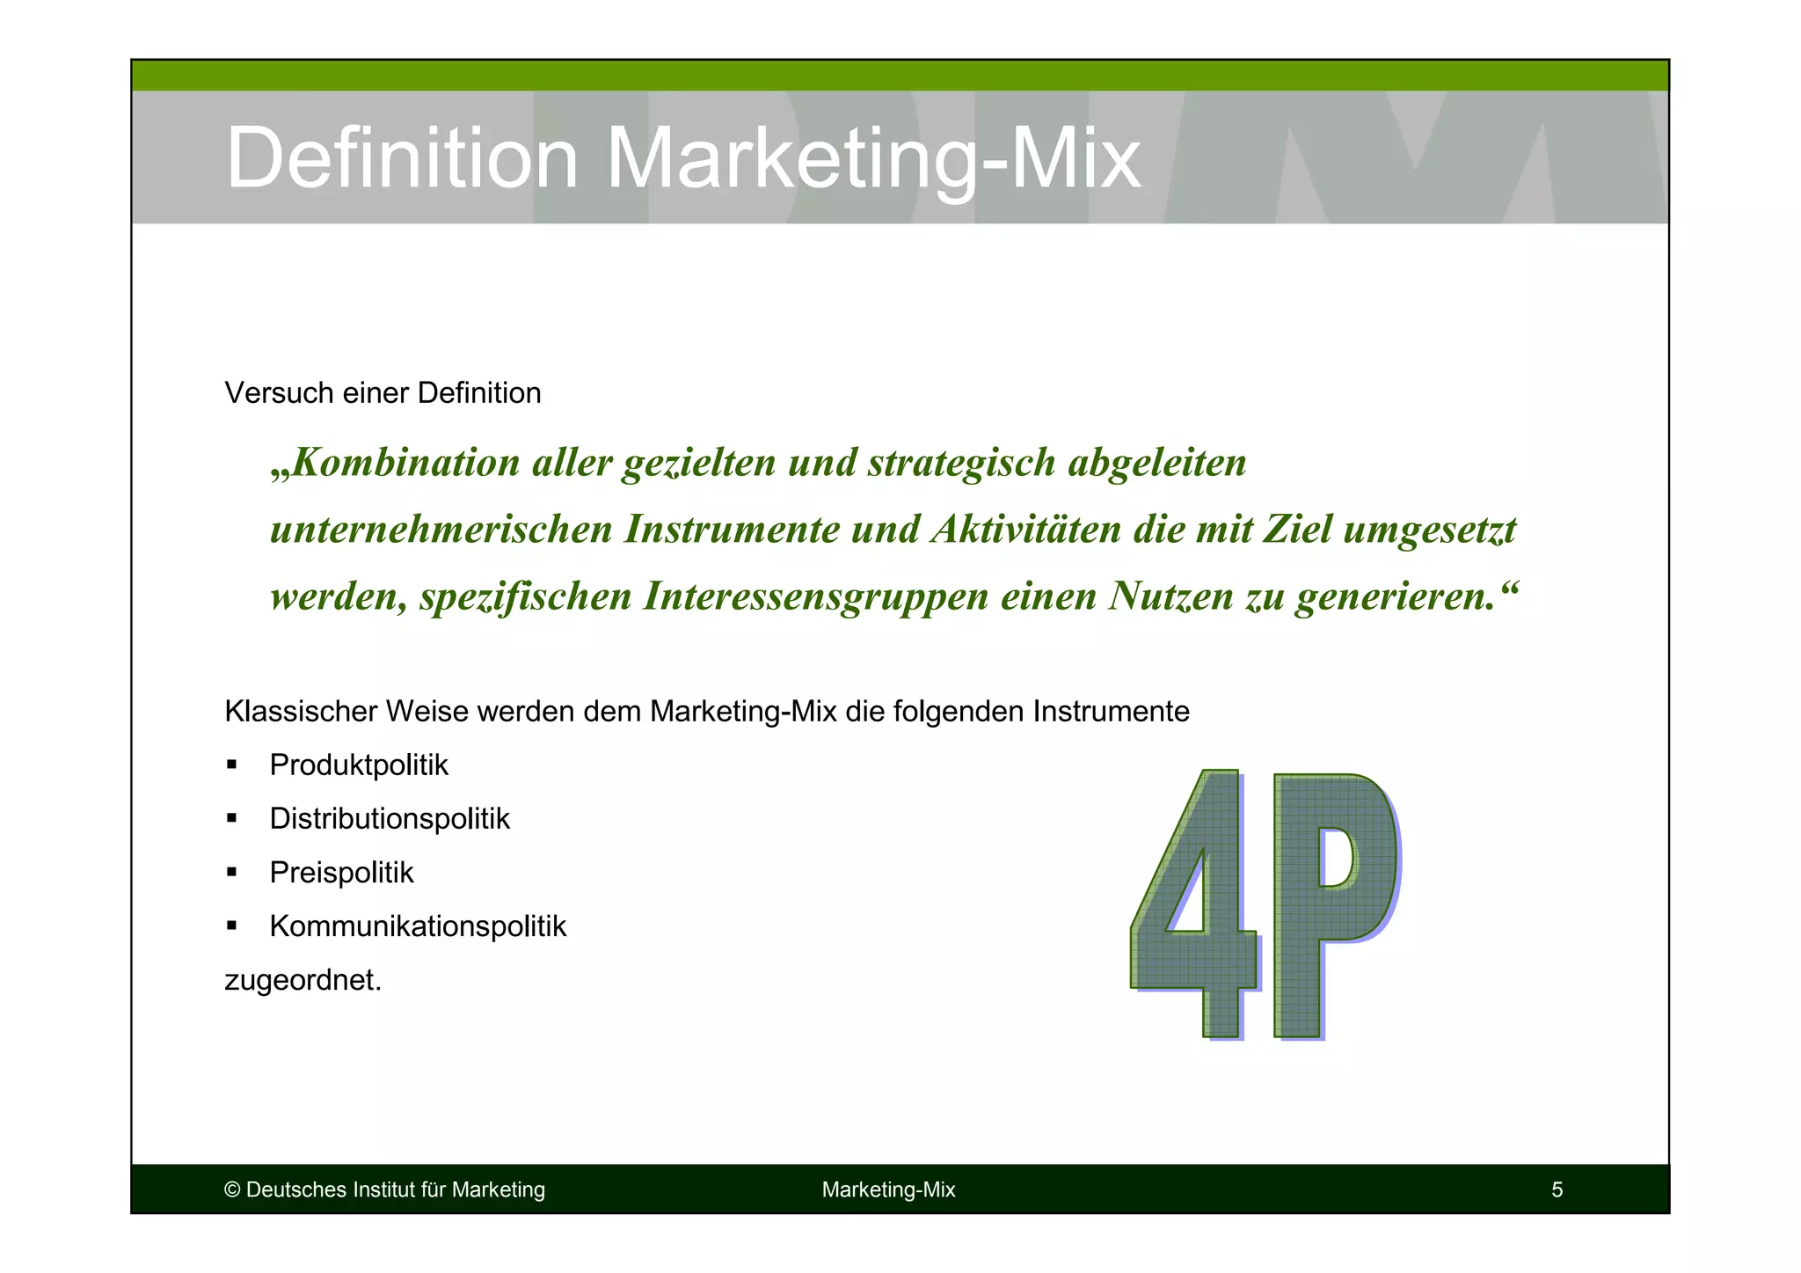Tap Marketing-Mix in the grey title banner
[873, 158]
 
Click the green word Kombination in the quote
[407, 463]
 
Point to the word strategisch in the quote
[961, 463]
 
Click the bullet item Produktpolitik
[359, 765]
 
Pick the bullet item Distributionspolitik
[390, 819]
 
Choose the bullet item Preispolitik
[341, 873]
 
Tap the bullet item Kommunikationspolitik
[418, 926]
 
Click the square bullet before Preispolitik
[232, 873]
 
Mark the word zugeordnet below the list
[303, 980]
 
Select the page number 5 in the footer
[1557, 1190]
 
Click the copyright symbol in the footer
[232, 1190]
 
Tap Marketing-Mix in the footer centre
[888, 1190]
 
